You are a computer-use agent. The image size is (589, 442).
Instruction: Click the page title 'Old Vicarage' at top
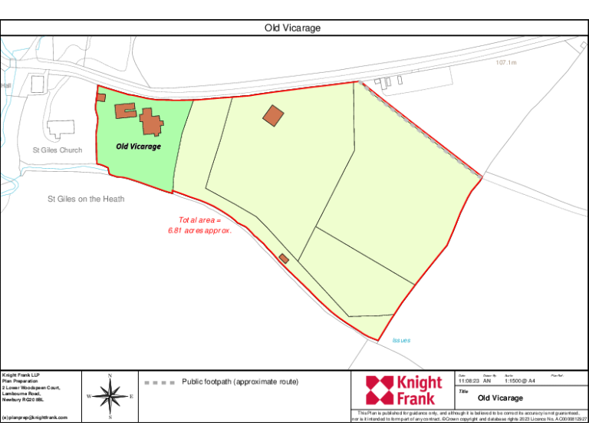[292, 28]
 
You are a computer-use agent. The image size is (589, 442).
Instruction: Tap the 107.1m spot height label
[506, 63]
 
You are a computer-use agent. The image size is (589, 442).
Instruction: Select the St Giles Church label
[57, 150]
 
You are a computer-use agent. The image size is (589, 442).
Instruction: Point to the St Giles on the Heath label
[86, 199]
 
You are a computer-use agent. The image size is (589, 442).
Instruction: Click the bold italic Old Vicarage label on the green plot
[138, 146]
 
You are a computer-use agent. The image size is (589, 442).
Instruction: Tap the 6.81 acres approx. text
[199, 229]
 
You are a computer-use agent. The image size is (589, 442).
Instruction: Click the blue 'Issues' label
[401, 340]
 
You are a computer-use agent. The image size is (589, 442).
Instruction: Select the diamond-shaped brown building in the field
[273, 116]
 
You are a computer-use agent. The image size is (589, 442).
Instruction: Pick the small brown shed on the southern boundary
[284, 259]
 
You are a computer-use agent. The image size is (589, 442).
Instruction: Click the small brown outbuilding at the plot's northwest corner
[100, 97]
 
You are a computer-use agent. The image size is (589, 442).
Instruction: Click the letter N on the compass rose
[110, 376]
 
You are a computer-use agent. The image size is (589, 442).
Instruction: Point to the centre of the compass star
[110, 397]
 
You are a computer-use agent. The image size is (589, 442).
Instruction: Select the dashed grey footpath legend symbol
[160, 382]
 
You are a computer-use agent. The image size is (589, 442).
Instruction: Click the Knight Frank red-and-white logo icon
[379, 390]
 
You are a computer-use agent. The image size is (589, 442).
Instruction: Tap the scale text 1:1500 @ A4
[519, 381]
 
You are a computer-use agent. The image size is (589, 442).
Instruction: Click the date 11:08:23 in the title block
[468, 381]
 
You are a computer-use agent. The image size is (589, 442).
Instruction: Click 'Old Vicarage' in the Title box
[500, 398]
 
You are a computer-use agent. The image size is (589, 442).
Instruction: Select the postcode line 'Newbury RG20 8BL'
[24, 400]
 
